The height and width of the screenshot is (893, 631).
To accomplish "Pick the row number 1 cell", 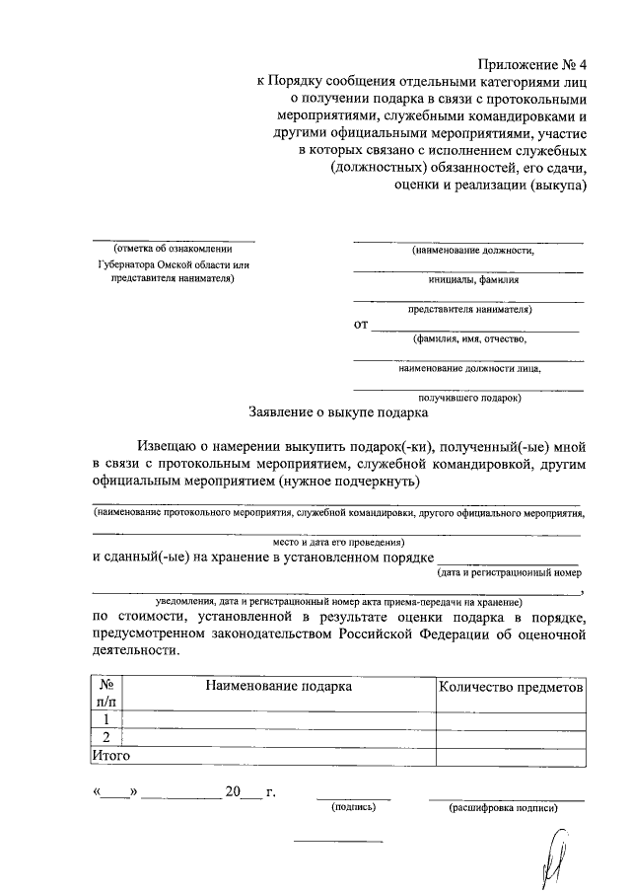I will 105,719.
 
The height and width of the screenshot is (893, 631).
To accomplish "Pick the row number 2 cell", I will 105,737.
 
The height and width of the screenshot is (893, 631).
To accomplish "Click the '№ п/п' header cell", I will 105,694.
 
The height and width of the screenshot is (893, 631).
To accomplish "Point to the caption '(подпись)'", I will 354,807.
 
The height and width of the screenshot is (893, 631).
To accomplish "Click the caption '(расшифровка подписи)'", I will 504,807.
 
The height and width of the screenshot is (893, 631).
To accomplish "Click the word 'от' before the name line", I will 361,324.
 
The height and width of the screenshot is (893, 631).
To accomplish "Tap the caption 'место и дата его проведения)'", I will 338,542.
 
